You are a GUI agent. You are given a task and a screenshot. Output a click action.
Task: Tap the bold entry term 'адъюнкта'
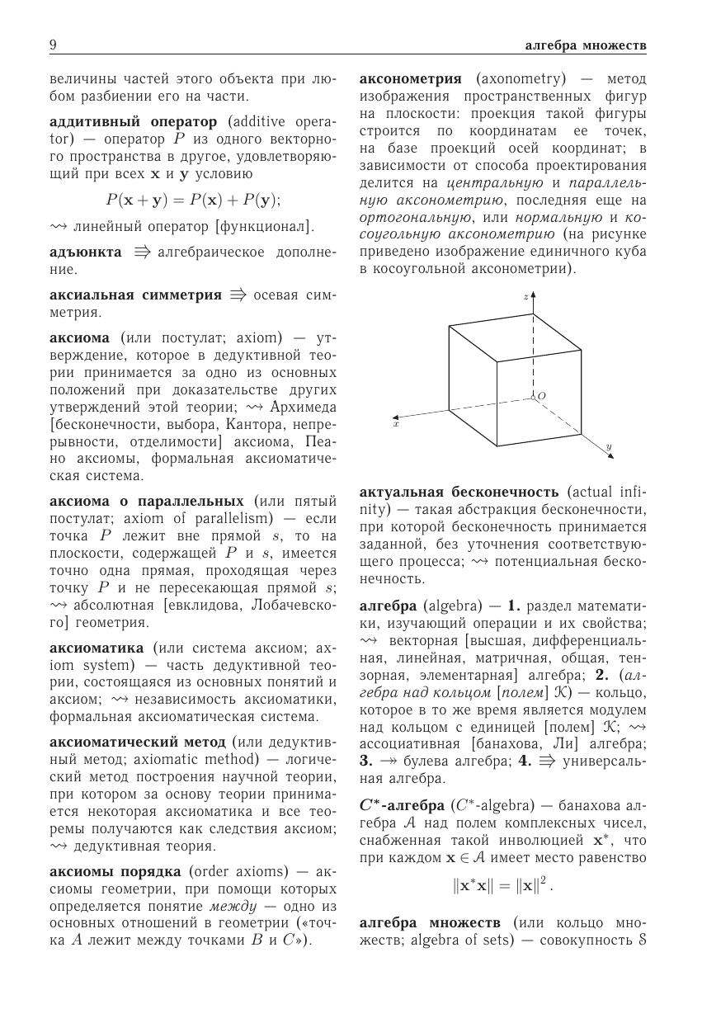tap(85, 251)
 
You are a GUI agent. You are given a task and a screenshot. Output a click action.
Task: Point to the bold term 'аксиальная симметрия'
tap(135, 295)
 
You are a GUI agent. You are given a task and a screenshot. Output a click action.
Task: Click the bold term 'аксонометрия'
tap(410, 79)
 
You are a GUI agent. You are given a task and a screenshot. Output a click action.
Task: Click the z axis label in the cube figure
tap(525, 295)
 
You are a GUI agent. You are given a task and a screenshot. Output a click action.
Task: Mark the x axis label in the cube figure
tap(396, 424)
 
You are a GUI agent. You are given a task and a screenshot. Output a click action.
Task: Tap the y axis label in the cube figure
tap(609, 446)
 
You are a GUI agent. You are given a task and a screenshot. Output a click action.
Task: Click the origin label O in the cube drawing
tap(541, 397)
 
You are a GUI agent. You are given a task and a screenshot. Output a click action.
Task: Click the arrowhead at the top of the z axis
tap(534, 294)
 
